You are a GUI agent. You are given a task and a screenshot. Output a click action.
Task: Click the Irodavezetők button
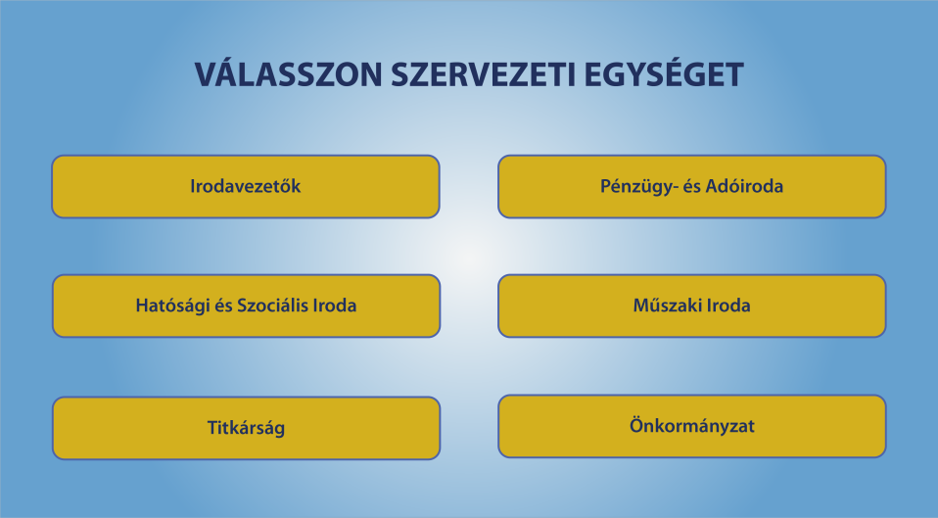click(x=246, y=187)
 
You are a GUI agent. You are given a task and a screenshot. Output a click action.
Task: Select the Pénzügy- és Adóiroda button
click(x=692, y=187)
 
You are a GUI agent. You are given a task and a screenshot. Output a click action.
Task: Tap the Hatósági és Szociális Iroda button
click(x=247, y=306)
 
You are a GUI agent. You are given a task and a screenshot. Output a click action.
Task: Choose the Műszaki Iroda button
click(x=692, y=306)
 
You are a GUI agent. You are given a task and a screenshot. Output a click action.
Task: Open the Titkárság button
click(x=247, y=428)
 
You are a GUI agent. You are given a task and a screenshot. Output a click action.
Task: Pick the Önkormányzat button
click(x=692, y=427)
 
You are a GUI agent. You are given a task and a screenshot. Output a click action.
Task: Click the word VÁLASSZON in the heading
click(x=288, y=73)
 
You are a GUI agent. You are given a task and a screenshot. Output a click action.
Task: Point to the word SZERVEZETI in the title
click(x=483, y=74)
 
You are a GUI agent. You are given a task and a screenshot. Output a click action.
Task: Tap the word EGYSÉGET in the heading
click(x=664, y=73)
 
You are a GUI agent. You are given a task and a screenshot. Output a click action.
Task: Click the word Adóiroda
click(x=744, y=186)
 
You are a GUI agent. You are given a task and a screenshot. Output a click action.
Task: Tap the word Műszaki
click(x=667, y=306)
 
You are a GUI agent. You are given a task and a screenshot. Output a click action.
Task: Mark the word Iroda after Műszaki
click(x=728, y=306)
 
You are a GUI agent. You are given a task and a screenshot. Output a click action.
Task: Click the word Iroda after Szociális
click(x=335, y=306)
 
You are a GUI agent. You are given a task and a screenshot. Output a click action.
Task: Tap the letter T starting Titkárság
click(x=213, y=428)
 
